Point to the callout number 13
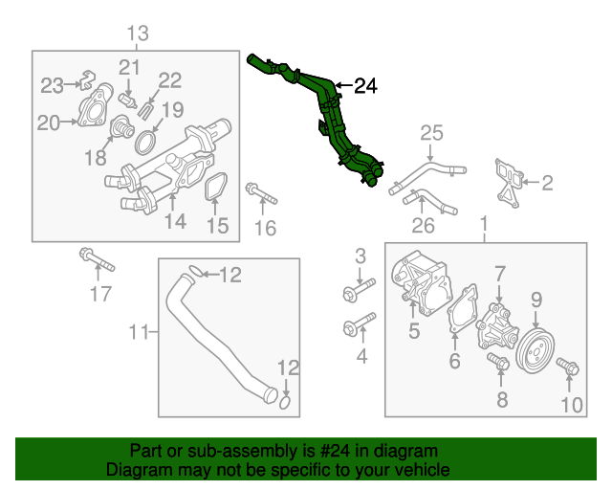pos(138,34)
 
